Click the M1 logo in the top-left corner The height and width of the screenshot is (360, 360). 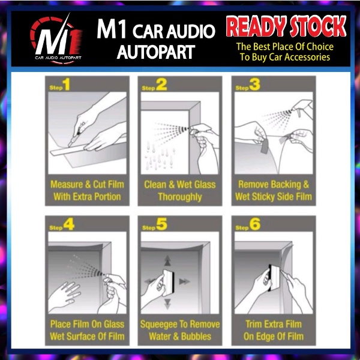coord(56,39)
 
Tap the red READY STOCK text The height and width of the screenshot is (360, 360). coord(286,26)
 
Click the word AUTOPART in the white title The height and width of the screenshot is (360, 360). coord(156,52)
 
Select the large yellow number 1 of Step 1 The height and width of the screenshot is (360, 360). coord(67,84)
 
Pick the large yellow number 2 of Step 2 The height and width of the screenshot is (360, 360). coord(161,85)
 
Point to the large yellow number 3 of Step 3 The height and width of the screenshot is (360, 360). coord(254,85)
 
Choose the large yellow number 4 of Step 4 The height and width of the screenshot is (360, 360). coord(69,224)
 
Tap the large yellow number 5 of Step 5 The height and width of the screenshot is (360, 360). coord(161,224)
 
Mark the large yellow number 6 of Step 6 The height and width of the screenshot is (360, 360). coord(255,224)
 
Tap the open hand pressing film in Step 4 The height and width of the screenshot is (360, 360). coord(65,296)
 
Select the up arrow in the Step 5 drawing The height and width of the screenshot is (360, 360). coord(167,261)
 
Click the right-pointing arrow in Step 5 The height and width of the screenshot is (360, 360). coord(184,281)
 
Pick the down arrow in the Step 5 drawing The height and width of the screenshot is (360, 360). coord(167,304)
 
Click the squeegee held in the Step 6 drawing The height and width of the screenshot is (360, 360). coord(274,278)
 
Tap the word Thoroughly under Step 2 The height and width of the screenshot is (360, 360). coord(180,197)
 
